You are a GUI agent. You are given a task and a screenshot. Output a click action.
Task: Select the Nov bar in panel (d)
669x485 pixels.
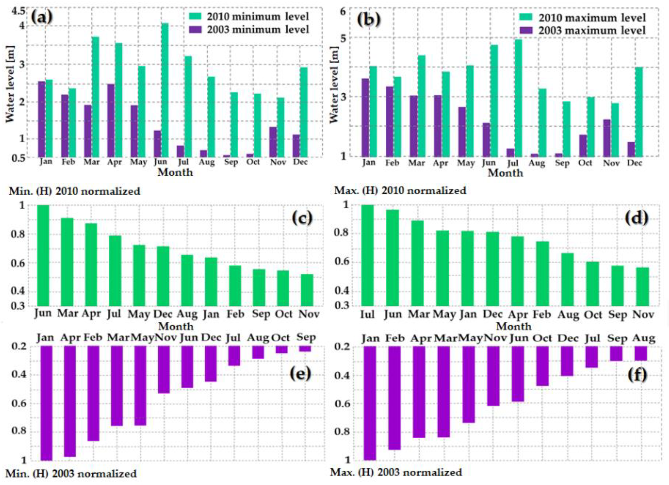[643, 286]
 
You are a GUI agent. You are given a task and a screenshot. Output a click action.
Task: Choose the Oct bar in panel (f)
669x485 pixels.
[542, 366]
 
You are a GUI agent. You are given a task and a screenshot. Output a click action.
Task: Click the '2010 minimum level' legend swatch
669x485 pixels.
[195, 16]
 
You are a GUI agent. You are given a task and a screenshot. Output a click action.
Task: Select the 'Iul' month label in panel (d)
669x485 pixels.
[367, 315]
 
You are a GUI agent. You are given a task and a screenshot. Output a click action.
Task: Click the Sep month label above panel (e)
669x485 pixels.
[306, 337]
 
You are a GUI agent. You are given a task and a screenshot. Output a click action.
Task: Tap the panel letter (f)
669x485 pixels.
[637, 375]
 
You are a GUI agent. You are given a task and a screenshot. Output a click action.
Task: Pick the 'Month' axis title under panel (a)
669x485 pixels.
[175, 172]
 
